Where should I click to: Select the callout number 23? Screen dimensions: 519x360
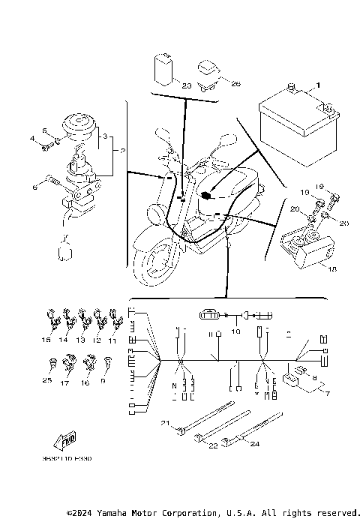coord(186,85)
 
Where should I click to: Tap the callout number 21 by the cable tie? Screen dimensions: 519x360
coord(165,424)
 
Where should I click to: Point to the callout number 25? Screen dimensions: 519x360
coord(48,381)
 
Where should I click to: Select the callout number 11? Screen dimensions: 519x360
coord(112,340)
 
